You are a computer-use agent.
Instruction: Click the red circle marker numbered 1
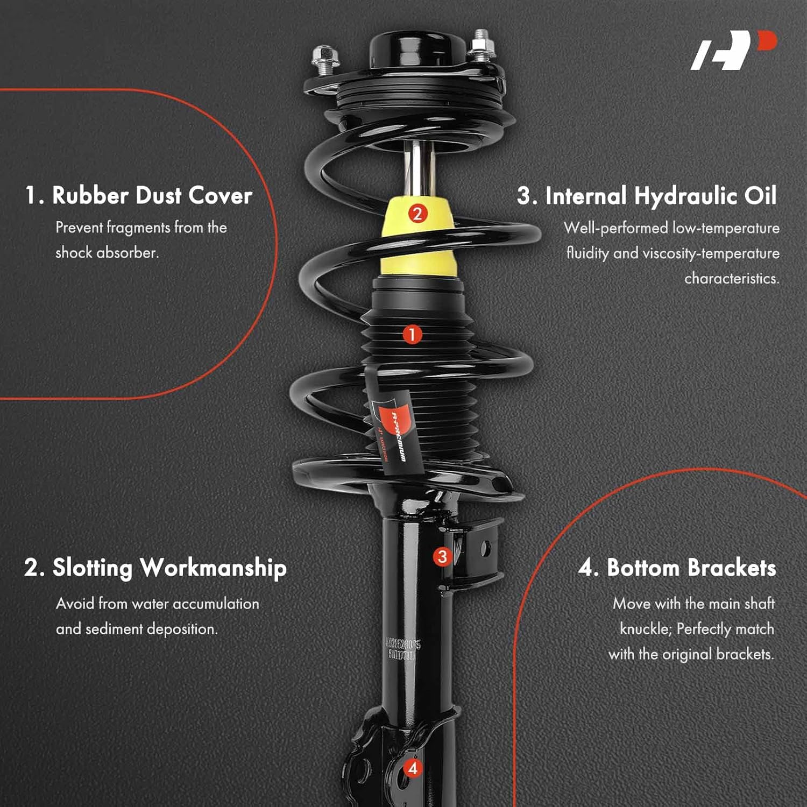[x=412, y=335]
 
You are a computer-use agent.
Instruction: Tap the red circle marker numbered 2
[x=417, y=214]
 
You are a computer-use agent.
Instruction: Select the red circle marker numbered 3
[x=442, y=556]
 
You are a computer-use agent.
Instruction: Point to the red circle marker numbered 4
[x=413, y=768]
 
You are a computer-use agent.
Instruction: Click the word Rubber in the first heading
[x=89, y=195]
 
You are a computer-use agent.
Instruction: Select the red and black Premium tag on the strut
[x=392, y=430]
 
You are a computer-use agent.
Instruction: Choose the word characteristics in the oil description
[x=731, y=278]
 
